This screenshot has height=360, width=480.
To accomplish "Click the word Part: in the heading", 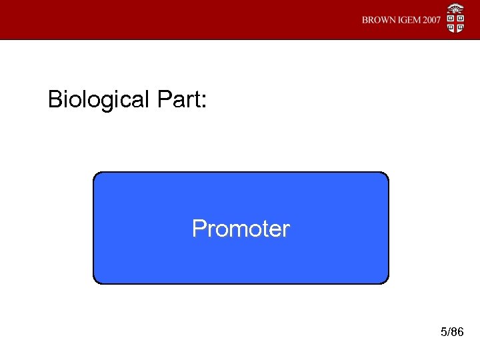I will [x=182, y=100].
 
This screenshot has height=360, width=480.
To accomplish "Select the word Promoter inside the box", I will [x=241, y=229].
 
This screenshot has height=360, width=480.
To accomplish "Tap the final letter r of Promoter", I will [x=286, y=231].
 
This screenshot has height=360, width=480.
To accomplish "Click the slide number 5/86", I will [x=452, y=332].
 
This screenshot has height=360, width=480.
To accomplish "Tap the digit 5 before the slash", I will [x=443, y=332].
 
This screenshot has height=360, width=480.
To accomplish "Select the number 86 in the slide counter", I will [x=457, y=332].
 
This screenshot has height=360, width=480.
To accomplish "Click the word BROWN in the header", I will [x=379, y=20].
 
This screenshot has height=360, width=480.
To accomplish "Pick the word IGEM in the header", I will [x=409, y=20].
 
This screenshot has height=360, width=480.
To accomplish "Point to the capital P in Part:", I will [x=164, y=100].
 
